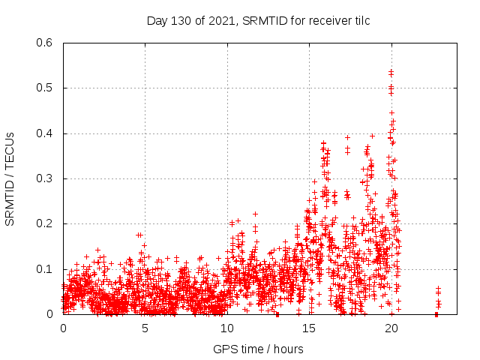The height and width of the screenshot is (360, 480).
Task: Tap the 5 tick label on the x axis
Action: pyautogui.click(x=145, y=328)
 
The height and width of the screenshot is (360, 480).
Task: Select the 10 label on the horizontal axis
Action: pyautogui.click(x=227, y=328)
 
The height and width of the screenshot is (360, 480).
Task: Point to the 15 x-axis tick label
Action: pyautogui.click(x=309, y=328)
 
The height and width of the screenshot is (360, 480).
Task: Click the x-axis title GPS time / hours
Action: pyautogui.click(x=258, y=349)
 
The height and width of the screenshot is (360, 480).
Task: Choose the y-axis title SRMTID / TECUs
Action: pyautogui.click(x=10, y=178)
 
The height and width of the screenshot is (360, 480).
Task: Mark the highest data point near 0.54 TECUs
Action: pyautogui.click(x=391, y=71)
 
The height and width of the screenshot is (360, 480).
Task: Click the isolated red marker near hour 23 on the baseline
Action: pyautogui.click(x=436, y=314)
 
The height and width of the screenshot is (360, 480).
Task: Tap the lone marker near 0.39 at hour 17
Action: pyautogui.click(x=347, y=137)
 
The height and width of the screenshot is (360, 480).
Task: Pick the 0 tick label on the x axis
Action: pyautogui.click(x=63, y=328)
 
